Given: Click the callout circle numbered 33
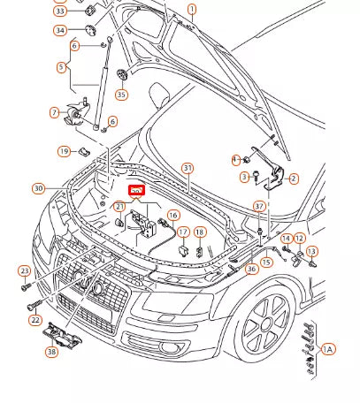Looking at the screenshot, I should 60,11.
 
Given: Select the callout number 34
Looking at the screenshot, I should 60,30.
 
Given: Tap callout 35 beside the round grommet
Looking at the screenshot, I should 121,95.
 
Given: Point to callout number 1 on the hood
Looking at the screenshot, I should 192,9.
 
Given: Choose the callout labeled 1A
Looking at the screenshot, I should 328,350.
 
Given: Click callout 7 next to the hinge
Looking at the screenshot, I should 55,113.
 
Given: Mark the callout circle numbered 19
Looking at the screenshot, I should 64,152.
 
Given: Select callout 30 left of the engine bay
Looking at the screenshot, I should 37,188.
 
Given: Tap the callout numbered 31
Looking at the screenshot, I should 187,168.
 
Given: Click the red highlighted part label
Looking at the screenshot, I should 136,189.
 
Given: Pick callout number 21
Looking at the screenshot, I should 119,206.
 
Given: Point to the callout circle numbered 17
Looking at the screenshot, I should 183,232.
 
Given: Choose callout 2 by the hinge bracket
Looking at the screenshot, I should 294,179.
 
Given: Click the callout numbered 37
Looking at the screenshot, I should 259,206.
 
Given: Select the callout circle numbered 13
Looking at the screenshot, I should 311,252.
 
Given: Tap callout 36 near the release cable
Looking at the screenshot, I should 252,269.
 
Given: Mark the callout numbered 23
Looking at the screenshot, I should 24,272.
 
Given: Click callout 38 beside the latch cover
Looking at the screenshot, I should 51,351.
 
